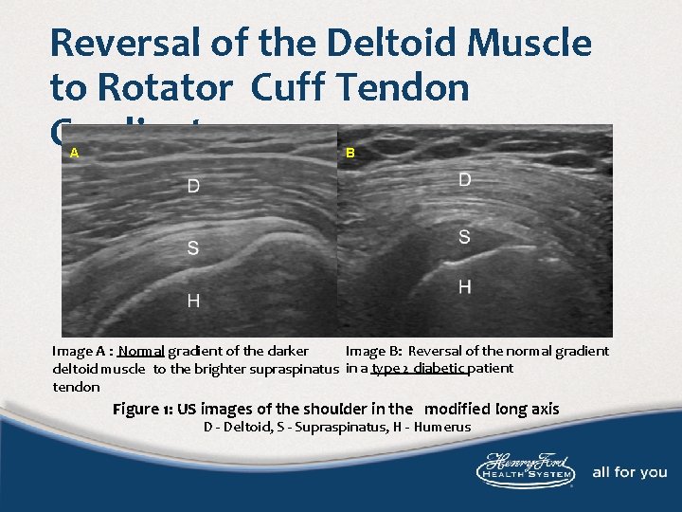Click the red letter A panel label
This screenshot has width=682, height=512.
point(74,152)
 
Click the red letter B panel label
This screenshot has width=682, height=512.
point(350,152)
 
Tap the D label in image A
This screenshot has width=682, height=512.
point(193,187)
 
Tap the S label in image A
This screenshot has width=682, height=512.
point(193,248)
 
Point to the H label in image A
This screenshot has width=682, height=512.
point(193,302)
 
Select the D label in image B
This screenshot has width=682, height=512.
point(465,179)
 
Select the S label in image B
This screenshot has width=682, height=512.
point(464,237)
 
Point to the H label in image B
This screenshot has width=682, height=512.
point(465,286)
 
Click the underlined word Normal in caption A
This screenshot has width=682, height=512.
point(142,351)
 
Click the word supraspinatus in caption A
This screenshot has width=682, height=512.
point(295,369)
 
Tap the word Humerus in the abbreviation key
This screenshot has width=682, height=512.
point(440,428)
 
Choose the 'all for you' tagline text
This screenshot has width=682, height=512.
point(630,472)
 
